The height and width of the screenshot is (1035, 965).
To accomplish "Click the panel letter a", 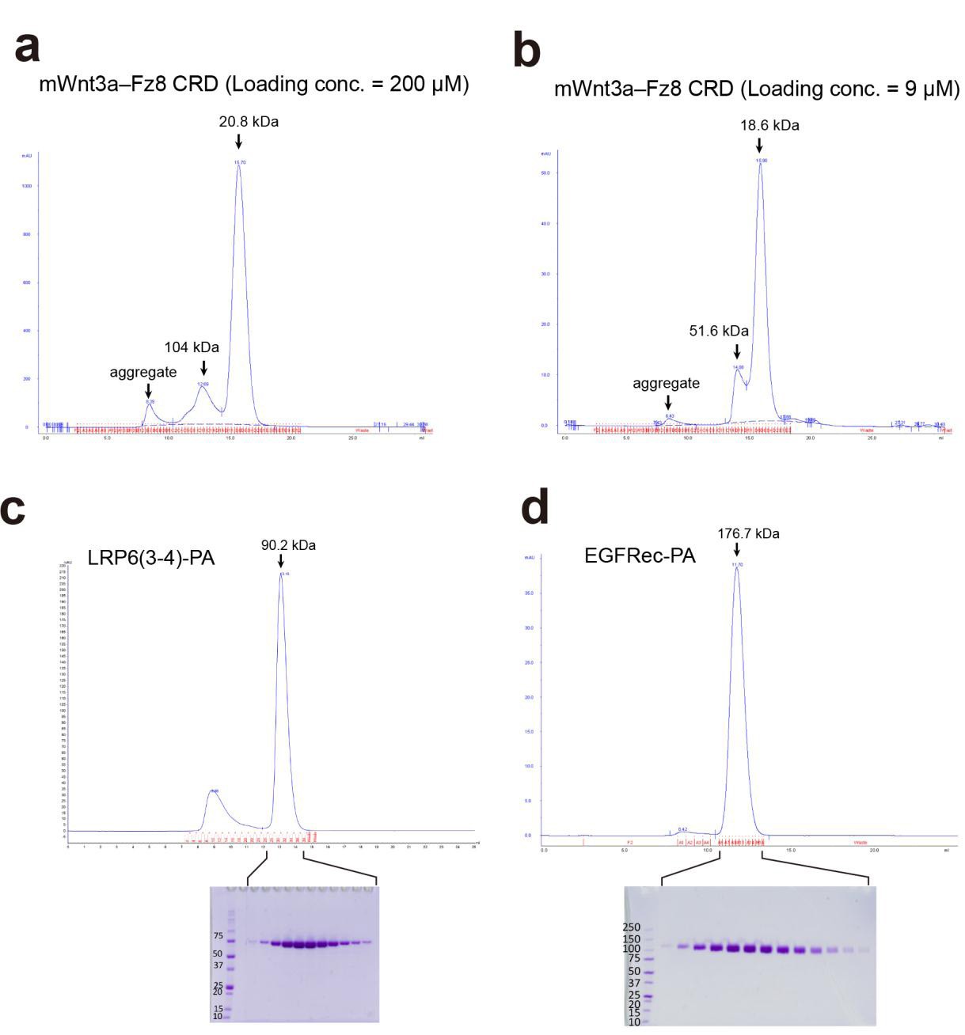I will tap(27, 47).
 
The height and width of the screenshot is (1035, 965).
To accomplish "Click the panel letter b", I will tap(526, 51).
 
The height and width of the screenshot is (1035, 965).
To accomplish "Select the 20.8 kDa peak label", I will tap(249, 122).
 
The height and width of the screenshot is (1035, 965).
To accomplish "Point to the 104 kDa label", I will tap(192, 347).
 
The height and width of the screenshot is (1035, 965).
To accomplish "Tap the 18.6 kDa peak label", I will tap(769, 125).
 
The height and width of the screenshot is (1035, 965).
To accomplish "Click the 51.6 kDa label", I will tap(719, 331).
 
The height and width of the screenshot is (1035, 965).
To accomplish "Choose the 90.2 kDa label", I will tap(288, 545).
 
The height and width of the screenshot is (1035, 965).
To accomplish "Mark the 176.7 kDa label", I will tap(748, 533).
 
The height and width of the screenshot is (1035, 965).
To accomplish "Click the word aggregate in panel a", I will tap(143, 372).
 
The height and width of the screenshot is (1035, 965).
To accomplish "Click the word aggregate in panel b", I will tap(666, 383).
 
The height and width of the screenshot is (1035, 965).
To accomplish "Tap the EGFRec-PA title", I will tap(640, 555).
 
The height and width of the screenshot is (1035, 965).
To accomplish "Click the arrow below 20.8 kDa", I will tap(238, 142).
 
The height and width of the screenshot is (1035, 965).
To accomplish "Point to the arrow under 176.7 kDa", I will tap(737, 549).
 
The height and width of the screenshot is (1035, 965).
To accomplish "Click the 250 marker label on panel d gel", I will tap(631, 927).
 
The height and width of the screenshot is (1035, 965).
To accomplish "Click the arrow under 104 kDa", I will tap(203, 368).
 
